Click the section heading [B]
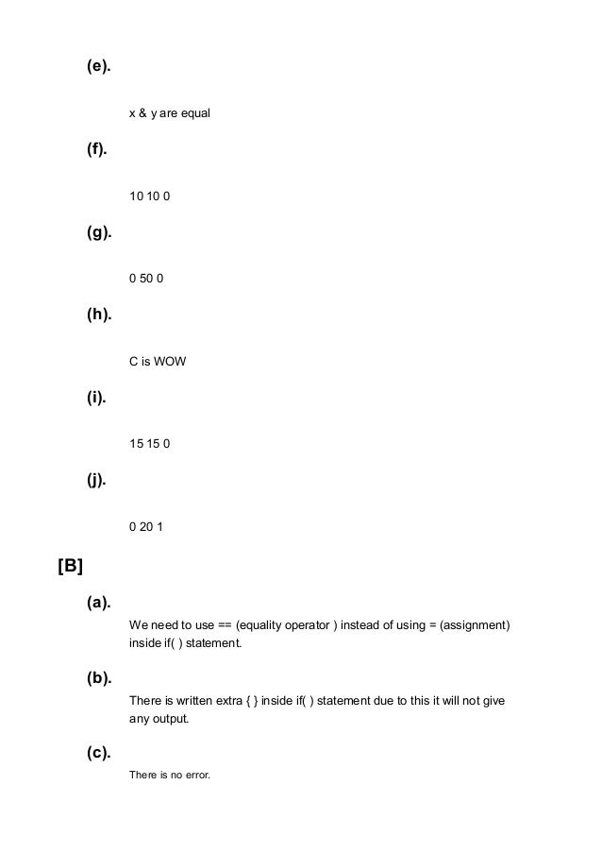pyautogui.click(x=71, y=567)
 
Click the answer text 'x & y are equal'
pyautogui.click(x=170, y=113)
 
